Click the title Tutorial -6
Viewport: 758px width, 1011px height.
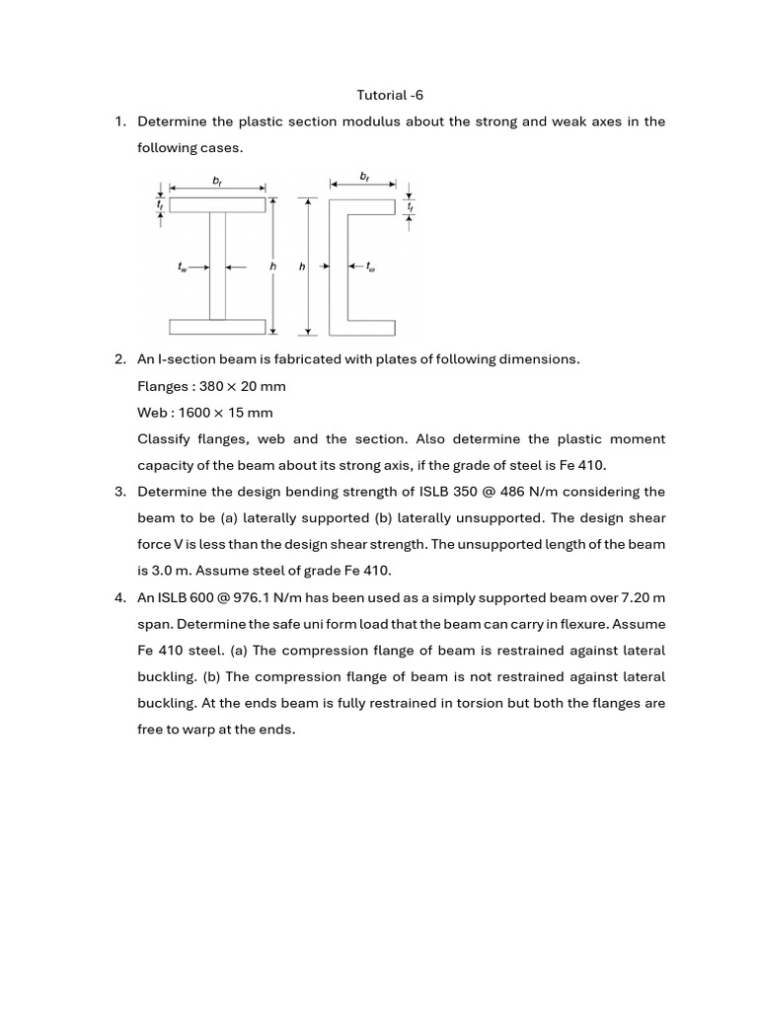390,95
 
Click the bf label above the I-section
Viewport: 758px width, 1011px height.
217,180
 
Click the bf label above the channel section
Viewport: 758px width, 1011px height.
364,176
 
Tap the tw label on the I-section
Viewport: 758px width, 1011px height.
183,267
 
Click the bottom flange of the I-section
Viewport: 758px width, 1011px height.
217,327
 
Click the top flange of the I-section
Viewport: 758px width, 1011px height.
217,204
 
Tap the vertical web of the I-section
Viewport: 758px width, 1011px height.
217,266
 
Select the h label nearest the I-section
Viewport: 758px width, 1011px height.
272,267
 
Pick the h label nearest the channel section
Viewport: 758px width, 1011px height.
302,267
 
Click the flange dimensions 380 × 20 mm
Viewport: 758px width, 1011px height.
243,386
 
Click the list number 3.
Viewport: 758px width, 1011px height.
118,492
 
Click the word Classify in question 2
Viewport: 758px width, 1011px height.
164,439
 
